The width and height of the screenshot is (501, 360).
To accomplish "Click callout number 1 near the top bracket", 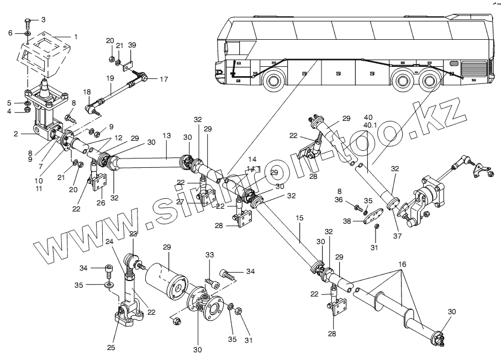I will point(76,37).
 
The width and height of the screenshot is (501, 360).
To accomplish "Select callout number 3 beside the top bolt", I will point(44,19).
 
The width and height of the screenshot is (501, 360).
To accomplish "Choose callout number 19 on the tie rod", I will point(111,78).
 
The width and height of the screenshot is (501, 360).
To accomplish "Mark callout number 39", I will point(132,45).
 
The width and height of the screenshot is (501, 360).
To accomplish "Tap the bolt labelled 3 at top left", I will point(27,23).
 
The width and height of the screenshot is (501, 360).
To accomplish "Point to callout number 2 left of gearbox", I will point(16,134).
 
